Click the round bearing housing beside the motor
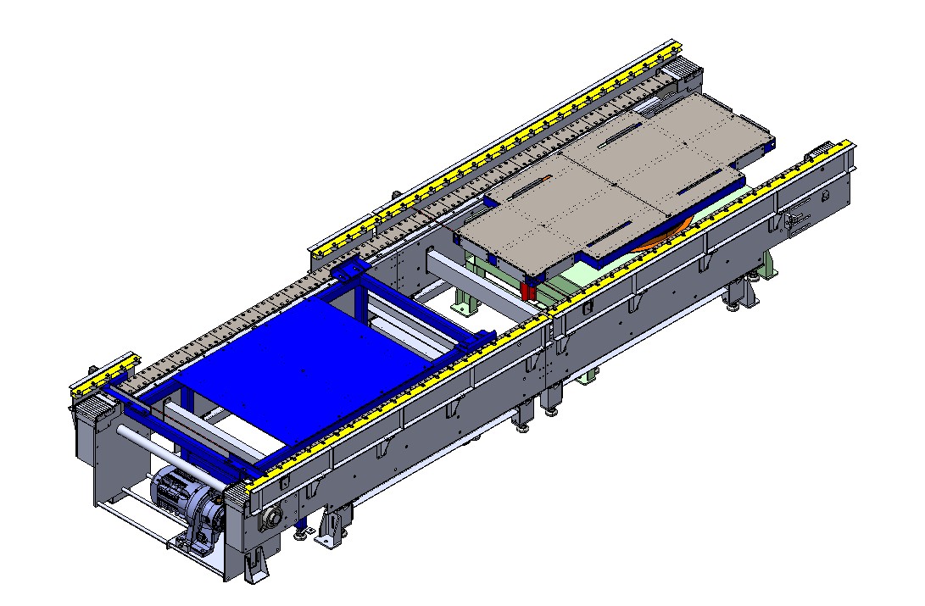tap(274, 516)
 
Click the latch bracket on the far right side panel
tap(797, 220)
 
